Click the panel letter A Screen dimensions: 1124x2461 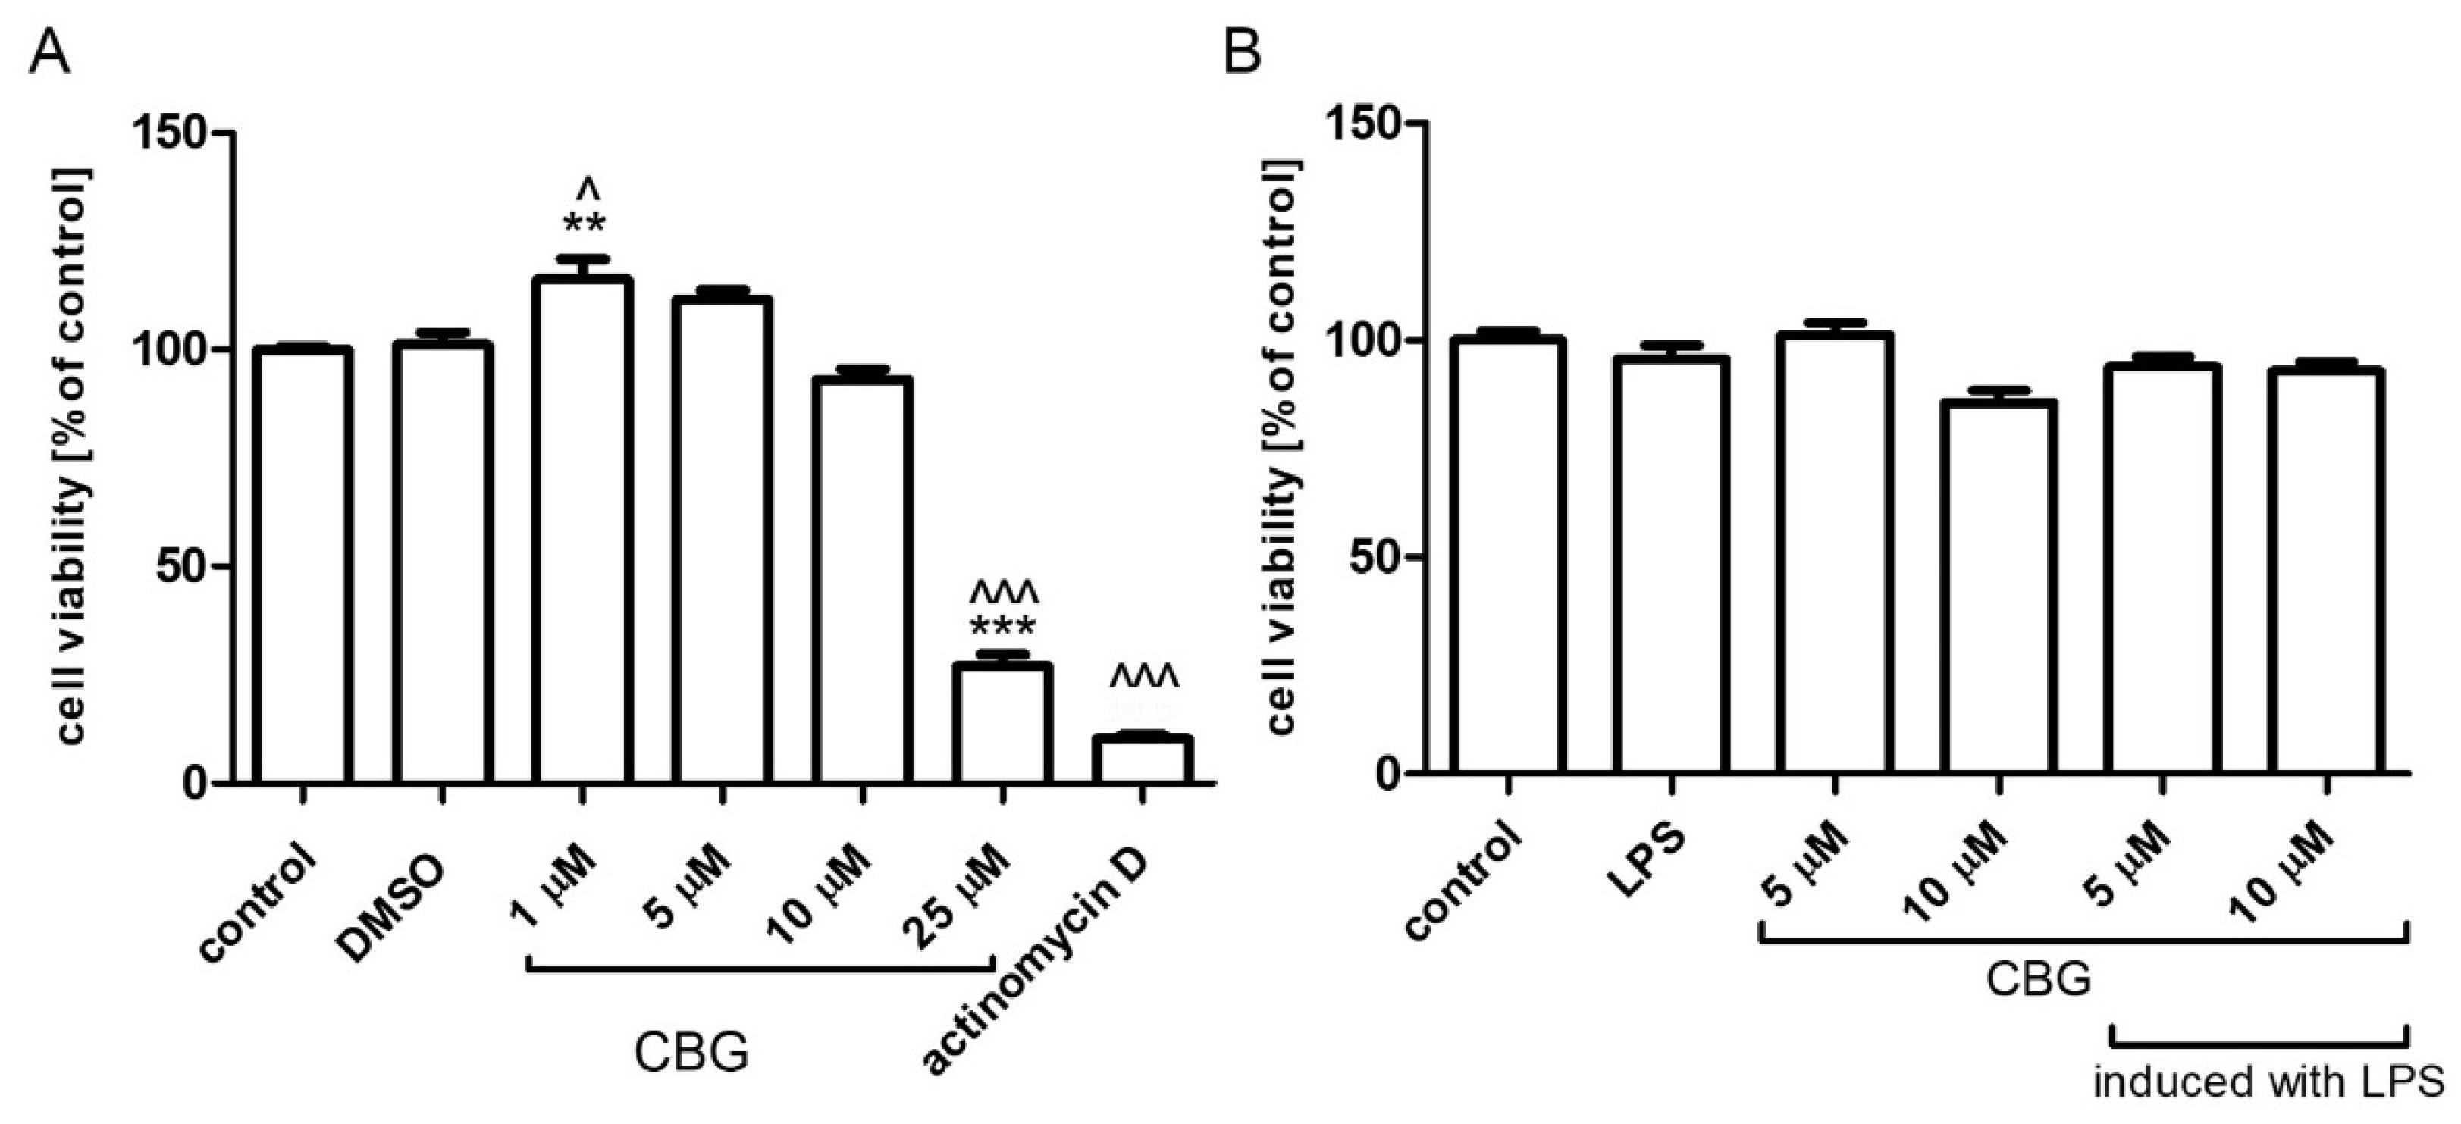click(x=50, y=52)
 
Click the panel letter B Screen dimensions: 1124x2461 click(x=1242, y=52)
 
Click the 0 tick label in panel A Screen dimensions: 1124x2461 click(x=195, y=783)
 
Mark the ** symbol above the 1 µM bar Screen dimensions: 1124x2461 click(x=584, y=225)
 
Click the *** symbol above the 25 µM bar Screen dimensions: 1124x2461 click(x=1003, y=628)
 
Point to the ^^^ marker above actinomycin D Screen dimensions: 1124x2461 click(x=1143, y=675)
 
